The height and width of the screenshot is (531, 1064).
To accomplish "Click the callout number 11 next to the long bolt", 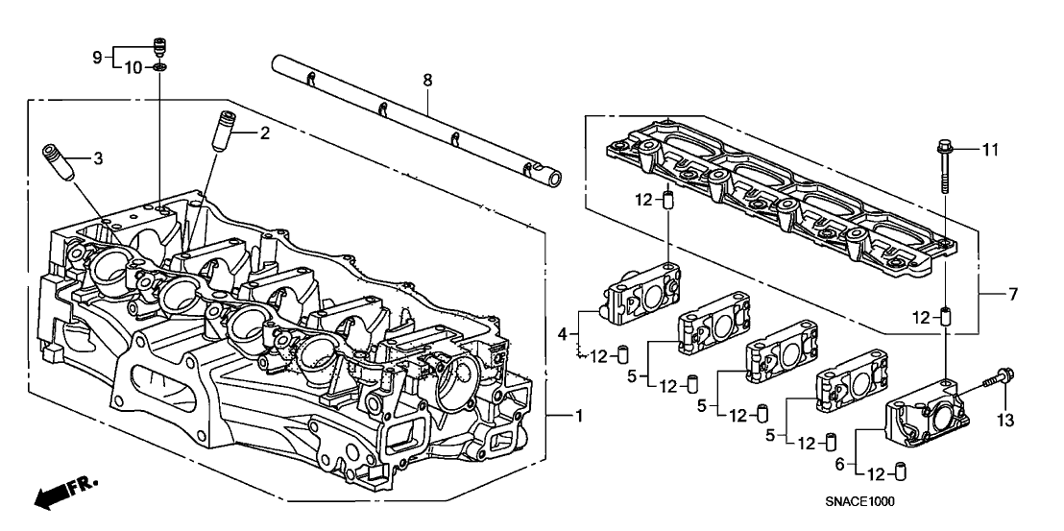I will (994, 150).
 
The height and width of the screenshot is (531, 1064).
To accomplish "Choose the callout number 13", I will (1004, 420).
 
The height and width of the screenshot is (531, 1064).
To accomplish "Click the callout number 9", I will (97, 58).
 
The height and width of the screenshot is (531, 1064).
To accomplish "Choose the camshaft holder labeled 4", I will (642, 294).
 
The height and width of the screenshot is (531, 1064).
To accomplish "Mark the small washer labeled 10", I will (159, 68).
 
